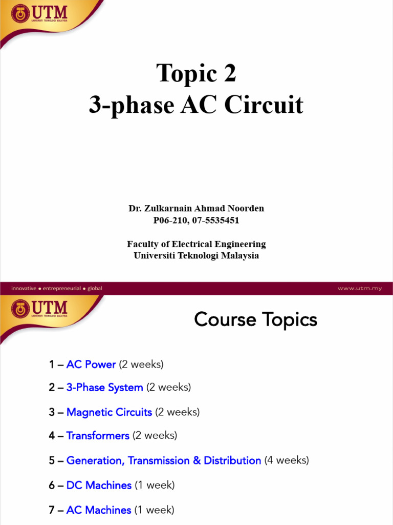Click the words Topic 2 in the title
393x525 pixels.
tap(196, 73)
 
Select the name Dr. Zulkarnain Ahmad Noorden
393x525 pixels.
tap(196, 209)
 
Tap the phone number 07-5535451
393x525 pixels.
tap(216, 220)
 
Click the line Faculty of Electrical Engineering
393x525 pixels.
tap(196, 244)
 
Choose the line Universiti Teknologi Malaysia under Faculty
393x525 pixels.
tap(196, 255)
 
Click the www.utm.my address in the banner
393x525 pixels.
tap(359, 288)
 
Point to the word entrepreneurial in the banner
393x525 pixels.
tap(62, 288)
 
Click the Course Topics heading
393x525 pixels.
tap(255, 320)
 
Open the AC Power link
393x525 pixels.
tap(91, 365)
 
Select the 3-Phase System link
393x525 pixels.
tap(104, 388)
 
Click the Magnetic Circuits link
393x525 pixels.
tap(109, 412)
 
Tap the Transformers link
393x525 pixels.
tap(98, 436)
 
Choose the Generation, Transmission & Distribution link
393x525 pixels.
tap(164, 460)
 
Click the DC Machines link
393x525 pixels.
tap(99, 485)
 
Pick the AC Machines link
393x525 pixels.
tap(99, 510)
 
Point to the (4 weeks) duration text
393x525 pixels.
tap(287, 460)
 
